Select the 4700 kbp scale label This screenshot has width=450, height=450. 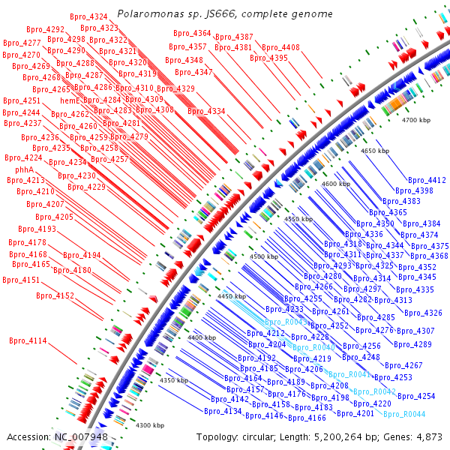pyautogui.click(x=416, y=120)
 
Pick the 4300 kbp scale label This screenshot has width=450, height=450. pyautogui.click(x=150, y=425)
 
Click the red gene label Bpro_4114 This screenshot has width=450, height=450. pyautogui.click(x=28, y=340)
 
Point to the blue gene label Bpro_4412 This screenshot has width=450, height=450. pyautogui.click(x=427, y=180)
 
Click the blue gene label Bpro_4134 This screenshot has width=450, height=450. pyautogui.click(x=222, y=411)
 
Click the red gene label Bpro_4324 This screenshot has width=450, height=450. pyautogui.click(x=88, y=16)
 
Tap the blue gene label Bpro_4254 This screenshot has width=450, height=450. pyautogui.click(x=416, y=396)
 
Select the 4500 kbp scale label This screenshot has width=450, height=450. pyautogui.click(x=264, y=256)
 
